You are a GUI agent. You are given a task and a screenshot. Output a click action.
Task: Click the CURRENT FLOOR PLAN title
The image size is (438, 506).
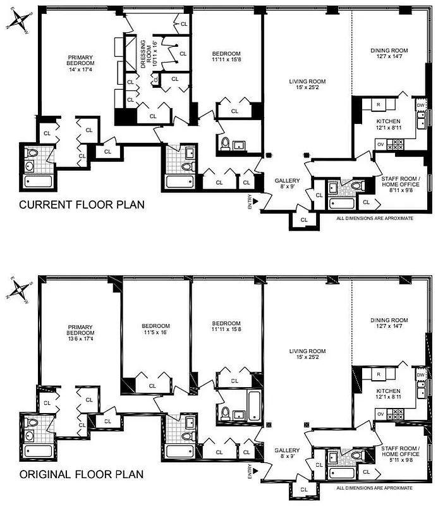82,205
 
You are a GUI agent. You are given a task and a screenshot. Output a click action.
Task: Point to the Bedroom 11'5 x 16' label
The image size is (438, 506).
155,330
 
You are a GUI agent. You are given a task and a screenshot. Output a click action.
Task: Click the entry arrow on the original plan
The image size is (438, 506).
257,471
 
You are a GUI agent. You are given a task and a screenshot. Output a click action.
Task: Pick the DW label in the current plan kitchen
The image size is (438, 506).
420,106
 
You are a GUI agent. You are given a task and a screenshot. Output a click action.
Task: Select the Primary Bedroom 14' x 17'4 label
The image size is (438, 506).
82,63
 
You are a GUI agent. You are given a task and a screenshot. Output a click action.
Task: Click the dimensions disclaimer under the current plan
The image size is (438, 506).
375,218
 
